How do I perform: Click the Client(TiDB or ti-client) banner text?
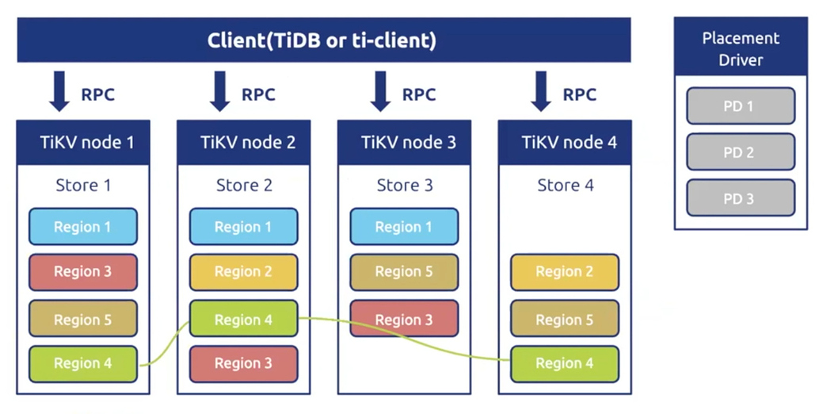pos(322,40)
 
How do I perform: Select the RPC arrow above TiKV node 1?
pos(59,91)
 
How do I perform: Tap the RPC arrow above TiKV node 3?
pos(380,91)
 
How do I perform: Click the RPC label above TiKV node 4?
pos(579,94)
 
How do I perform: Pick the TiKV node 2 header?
pos(244,142)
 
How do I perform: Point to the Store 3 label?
pos(405,185)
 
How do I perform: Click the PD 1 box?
pos(741,106)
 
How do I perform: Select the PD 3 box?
pos(741,198)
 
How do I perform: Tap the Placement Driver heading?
pos(741,48)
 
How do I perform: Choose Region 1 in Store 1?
pos(83,227)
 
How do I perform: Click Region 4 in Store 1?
pos(83,364)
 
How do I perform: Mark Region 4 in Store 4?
pos(565,364)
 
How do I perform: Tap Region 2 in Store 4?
pos(565,272)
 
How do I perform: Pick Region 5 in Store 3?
pos(404,272)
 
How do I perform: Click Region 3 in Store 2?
pos(244,364)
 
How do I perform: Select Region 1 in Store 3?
pos(404,227)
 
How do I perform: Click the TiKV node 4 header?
pos(565,142)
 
